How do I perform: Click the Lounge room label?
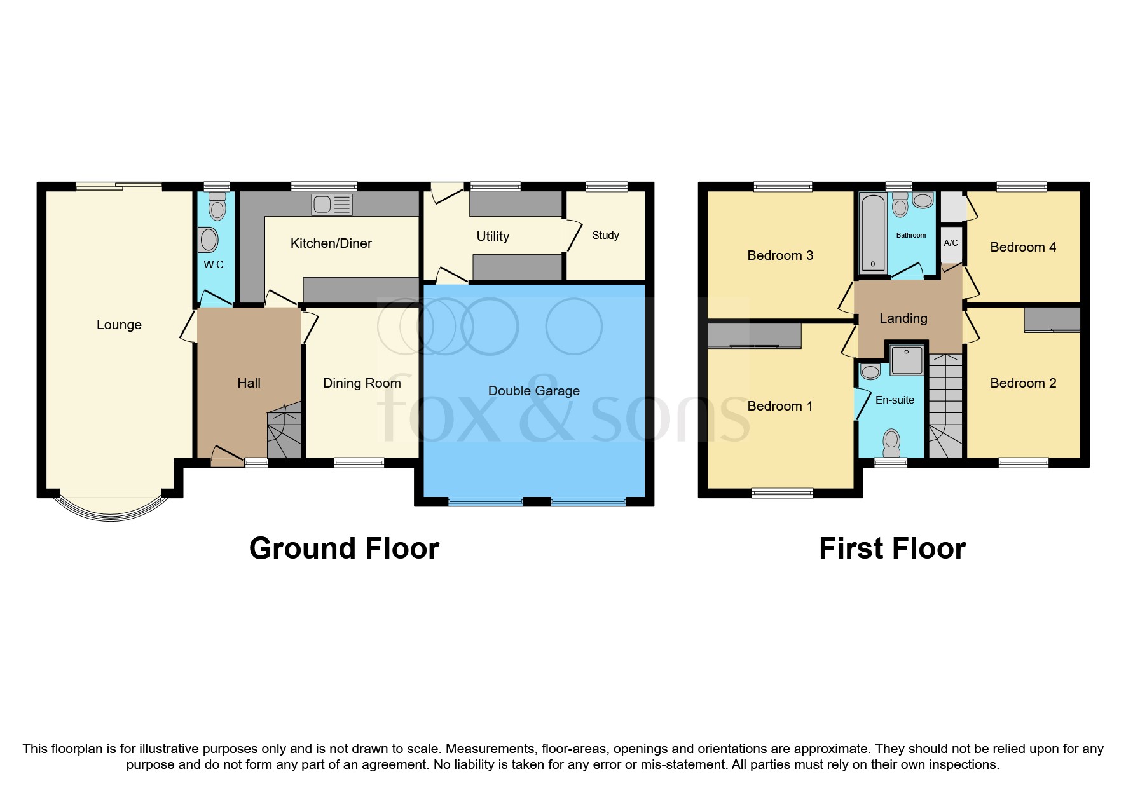pyautogui.click(x=119, y=325)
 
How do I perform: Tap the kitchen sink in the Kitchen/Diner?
pyautogui.click(x=331, y=205)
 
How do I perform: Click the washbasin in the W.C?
pyautogui.click(x=209, y=240)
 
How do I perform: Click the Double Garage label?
pyautogui.click(x=533, y=391)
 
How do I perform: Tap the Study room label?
pyautogui.click(x=605, y=235)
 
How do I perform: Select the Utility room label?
pyautogui.click(x=493, y=236)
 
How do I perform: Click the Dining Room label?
pyautogui.click(x=362, y=383)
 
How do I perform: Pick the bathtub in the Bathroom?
pyautogui.click(x=873, y=233)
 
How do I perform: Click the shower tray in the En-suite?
pyautogui.click(x=907, y=360)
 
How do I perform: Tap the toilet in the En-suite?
pyautogui.click(x=892, y=442)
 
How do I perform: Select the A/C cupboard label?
pyautogui.click(x=951, y=243)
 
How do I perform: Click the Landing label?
pyautogui.click(x=903, y=318)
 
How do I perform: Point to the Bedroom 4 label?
pyautogui.click(x=1022, y=247)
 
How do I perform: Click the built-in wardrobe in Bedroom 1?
pyautogui.click(x=754, y=336)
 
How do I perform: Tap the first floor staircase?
pyautogui.click(x=946, y=407)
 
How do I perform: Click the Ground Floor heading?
pyautogui.click(x=344, y=548)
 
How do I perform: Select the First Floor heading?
pyautogui.click(x=892, y=548)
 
